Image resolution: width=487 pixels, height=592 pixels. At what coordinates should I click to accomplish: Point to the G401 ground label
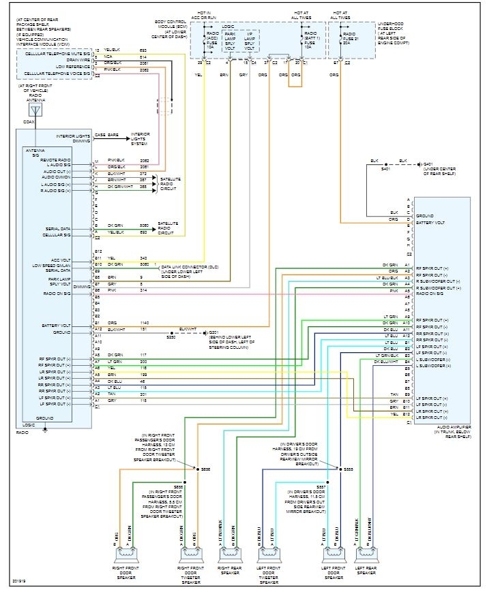428,164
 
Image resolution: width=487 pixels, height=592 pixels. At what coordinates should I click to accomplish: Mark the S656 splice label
206,469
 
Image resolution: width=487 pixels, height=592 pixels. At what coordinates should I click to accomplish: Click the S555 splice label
348,469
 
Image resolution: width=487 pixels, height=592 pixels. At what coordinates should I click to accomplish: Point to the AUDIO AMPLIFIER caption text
449,428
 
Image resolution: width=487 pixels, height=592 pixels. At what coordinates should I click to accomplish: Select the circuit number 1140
144,322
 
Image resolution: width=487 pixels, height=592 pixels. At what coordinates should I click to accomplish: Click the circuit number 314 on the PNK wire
143,290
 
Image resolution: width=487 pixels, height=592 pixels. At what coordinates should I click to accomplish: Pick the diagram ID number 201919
19,581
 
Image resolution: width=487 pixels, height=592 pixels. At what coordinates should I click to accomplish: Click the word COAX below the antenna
28,122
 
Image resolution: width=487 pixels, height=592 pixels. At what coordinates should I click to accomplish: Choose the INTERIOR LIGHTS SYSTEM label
140,139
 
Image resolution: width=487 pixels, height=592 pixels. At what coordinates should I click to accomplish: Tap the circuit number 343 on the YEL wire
143,258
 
